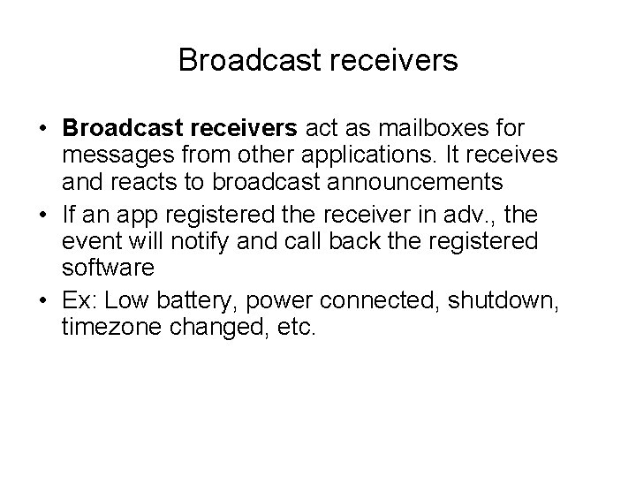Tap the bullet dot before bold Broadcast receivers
point(43,129)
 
